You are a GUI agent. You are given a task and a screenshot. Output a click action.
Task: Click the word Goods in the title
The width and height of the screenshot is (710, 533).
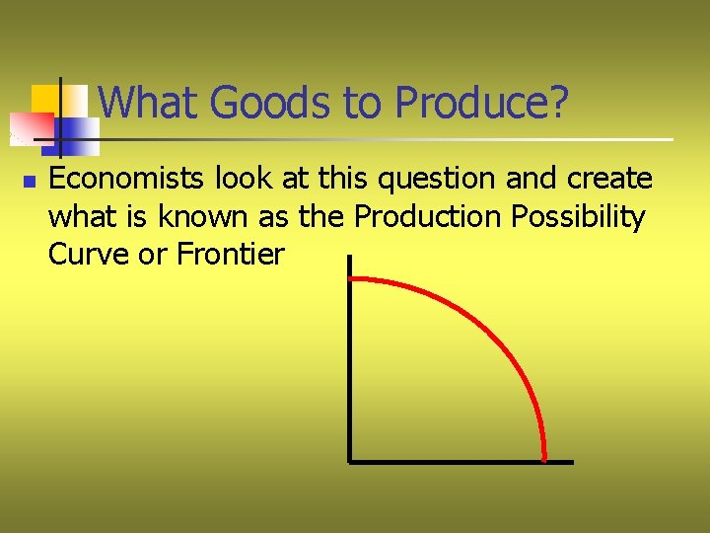(x=259, y=102)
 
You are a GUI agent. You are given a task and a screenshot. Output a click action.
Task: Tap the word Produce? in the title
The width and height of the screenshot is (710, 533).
(x=480, y=102)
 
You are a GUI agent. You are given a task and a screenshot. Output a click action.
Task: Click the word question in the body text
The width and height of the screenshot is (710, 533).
(x=426, y=179)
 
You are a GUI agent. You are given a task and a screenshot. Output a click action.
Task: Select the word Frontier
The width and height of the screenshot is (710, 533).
(x=231, y=255)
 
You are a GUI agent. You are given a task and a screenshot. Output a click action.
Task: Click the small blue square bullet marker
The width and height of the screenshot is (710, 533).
(x=30, y=182)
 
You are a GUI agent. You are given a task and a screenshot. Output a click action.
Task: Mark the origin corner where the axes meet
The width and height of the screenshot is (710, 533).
(x=349, y=461)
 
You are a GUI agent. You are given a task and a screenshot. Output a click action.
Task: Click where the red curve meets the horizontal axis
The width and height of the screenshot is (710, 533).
(x=544, y=459)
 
